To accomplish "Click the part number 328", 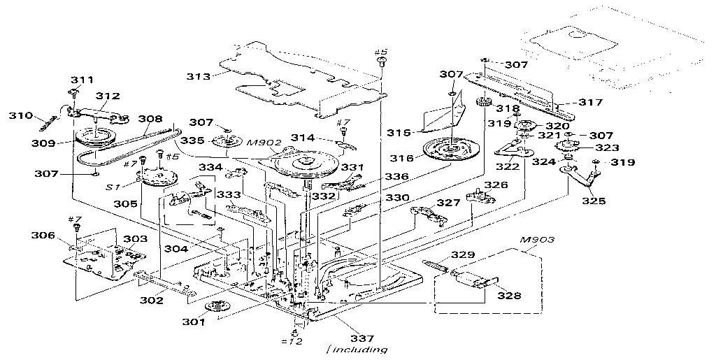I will (509, 296).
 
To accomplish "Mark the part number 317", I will (590, 101).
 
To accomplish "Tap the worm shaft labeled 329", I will (436, 265).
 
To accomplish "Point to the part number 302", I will (150, 301).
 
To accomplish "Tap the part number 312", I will (108, 96).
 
